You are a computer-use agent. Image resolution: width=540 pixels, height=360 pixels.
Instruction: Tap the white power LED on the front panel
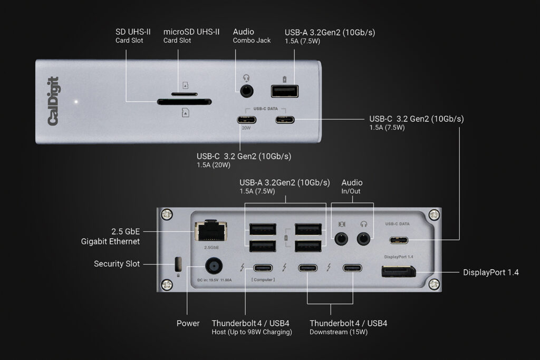pyautogui.click(x=76, y=101)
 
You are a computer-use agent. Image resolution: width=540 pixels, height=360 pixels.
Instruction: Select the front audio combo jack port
pyautogui.click(x=246, y=91)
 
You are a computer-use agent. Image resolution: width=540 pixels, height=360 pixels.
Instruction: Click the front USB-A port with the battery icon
pyautogui.click(x=284, y=91)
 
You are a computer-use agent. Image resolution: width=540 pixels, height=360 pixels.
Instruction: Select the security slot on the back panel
pyautogui.click(x=177, y=263)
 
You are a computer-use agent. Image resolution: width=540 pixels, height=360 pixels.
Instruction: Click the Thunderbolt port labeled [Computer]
pyautogui.click(x=263, y=268)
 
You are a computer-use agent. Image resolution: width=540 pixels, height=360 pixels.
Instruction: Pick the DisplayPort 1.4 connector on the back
pyautogui.click(x=398, y=272)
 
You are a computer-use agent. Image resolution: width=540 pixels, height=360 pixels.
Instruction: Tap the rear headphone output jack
pyautogui.click(x=363, y=239)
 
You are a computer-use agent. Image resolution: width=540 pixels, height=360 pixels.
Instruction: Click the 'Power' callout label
pyautogui.click(x=188, y=323)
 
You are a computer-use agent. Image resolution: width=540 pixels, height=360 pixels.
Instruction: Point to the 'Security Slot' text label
pyautogui.click(x=117, y=264)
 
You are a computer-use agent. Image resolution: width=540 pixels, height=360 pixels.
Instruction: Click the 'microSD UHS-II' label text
pyautogui.click(x=191, y=32)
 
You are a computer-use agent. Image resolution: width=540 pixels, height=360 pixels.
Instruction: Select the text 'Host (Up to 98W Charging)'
pyautogui.click(x=252, y=332)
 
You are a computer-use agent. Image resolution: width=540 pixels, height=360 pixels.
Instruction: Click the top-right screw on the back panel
pyautogui.click(x=433, y=215)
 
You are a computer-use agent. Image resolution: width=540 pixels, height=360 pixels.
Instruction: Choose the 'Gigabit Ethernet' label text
pyautogui.click(x=110, y=241)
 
